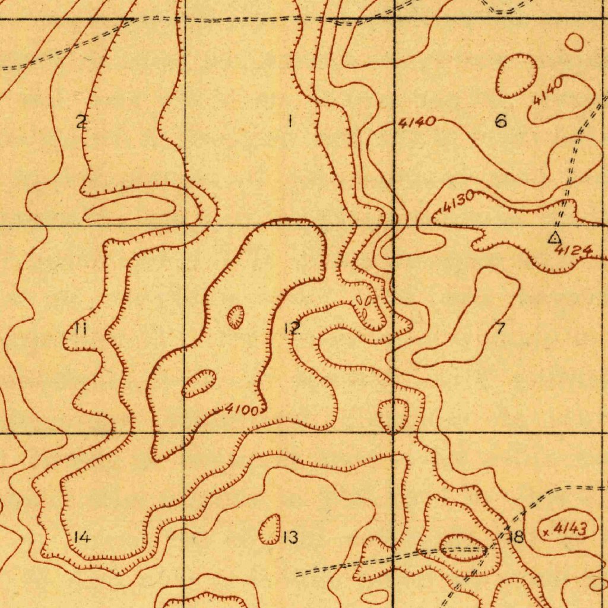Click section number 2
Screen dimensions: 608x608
coord(81,122)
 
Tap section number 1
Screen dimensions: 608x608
coord(290,122)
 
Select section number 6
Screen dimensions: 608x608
coord(501,122)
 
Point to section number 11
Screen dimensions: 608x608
coord(81,328)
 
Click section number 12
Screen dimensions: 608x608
coord(292,328)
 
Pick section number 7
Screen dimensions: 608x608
coord(501,328)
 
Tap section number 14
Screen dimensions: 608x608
coord(82,537)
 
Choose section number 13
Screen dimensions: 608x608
coord(290,537)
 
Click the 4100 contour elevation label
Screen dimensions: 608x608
coord(242,409)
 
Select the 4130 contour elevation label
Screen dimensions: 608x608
coord(459,203)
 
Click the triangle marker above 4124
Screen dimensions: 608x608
coord(554,237)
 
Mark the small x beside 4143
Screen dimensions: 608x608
coord(546,532)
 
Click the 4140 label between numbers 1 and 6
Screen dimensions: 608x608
coord(417,123)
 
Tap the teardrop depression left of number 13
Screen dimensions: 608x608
coord(270,529)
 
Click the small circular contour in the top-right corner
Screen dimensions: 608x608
coord(574,42)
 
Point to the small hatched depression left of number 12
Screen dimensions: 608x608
coord(236,316)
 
